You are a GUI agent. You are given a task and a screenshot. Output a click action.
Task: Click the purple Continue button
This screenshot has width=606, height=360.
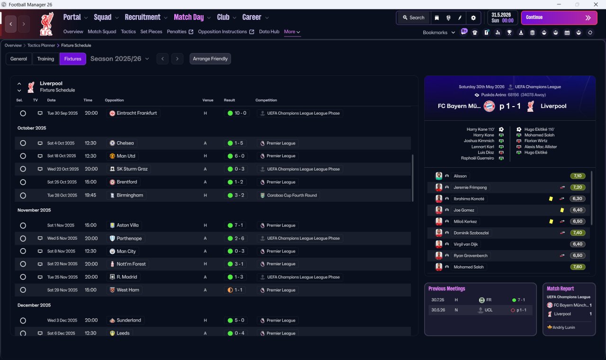(559, 18)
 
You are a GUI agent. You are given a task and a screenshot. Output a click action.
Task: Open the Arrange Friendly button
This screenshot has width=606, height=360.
(210, 59)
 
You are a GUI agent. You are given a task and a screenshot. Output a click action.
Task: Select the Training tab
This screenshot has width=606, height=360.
(45, 59)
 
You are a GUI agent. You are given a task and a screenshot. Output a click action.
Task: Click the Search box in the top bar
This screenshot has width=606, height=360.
(414, 18)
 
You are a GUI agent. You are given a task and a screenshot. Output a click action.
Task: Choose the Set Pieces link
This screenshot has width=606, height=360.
(151, 32)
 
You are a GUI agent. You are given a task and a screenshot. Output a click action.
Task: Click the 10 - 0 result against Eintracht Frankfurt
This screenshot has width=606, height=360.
(237, 113)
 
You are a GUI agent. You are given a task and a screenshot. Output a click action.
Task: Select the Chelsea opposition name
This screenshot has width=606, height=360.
(125, 143)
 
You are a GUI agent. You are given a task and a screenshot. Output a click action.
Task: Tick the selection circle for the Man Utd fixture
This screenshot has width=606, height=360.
(23, 156)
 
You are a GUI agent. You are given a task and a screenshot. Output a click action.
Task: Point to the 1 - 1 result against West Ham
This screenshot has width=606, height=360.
(235, 290)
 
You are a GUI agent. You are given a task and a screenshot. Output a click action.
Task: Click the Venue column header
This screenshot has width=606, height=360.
(208, 100)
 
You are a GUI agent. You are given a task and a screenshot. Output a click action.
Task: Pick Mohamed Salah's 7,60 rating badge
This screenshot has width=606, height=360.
(578, 267)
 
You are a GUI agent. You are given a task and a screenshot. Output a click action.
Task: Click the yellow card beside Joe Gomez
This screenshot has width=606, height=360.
(562, 210)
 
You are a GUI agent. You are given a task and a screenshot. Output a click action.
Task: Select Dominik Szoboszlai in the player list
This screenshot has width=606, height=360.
(471, 233)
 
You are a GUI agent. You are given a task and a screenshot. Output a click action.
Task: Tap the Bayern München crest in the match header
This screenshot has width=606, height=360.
(489, 106)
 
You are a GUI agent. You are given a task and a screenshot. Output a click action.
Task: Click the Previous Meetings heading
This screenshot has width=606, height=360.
(446, 288)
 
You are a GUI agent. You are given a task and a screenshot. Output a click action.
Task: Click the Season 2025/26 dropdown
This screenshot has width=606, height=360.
(120, 59)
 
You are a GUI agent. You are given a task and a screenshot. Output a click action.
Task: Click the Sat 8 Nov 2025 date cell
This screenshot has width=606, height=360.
(61, 251)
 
